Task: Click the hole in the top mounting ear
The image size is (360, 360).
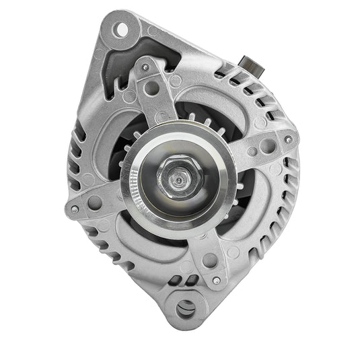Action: pyautogui.click(x=122, y=29)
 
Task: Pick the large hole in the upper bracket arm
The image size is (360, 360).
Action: pyautogui.click(x=152, y=87)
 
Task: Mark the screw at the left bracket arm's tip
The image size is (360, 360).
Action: pyautogui.click(x=74, y=209)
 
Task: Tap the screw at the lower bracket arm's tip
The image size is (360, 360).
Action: pyautogui.click(x=215, y=279)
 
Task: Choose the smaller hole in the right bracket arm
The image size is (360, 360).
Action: pyautogui.click(x=253, y=151)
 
